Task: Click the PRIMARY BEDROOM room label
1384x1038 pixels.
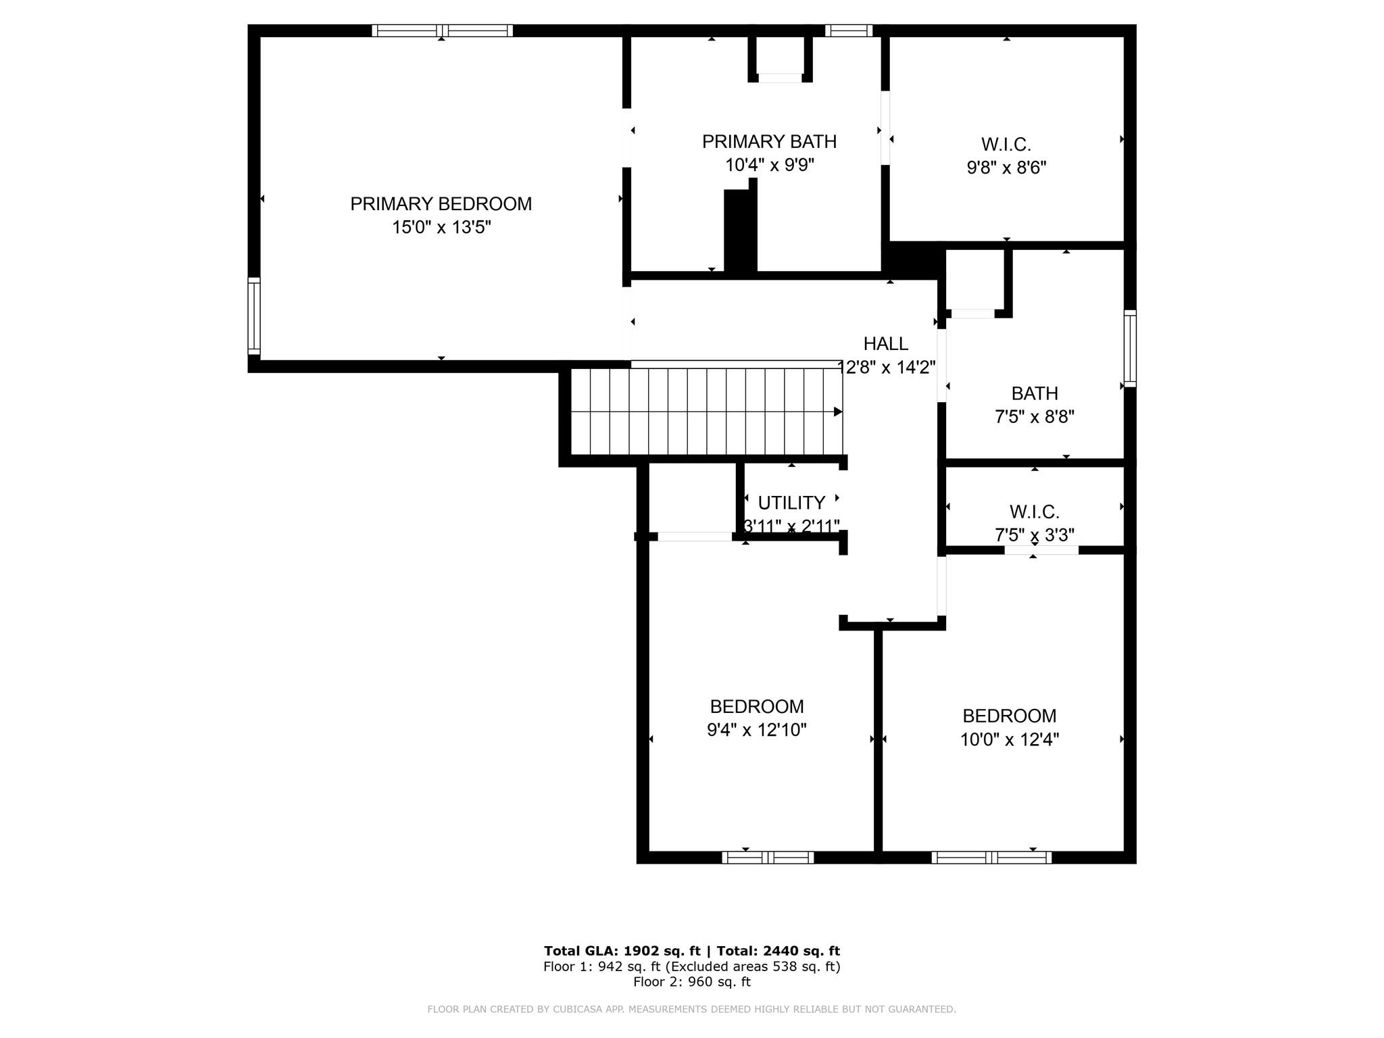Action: point(441,204)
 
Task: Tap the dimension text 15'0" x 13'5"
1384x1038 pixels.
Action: point(441,227)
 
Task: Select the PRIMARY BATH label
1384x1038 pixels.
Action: point(769,142)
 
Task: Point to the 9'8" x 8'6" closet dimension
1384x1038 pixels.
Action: point(1006,168)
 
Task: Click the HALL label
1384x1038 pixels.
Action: point(886,344)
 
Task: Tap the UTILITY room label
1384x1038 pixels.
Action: point(791,503)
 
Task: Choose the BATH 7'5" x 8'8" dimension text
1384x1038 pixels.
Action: point(1035,416)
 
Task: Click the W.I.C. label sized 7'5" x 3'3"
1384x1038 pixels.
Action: point(1034,512)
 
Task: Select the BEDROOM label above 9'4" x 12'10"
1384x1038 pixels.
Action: point(757,707)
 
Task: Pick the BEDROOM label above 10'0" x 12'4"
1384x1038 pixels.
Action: point(1010,716)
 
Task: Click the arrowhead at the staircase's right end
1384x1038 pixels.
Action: point(838,412)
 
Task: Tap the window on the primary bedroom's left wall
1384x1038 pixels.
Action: point(254,316)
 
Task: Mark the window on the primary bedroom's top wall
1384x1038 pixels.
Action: point(442,30)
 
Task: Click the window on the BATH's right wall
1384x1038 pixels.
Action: point(1130,349)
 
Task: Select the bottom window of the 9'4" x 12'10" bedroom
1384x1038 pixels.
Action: point(768,858)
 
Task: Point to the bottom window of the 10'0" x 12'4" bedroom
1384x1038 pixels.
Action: point(991,858)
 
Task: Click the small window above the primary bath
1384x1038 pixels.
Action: point(849,30)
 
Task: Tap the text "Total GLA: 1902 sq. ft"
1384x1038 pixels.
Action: point(622,951)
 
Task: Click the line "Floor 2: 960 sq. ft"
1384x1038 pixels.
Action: point(692,982)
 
